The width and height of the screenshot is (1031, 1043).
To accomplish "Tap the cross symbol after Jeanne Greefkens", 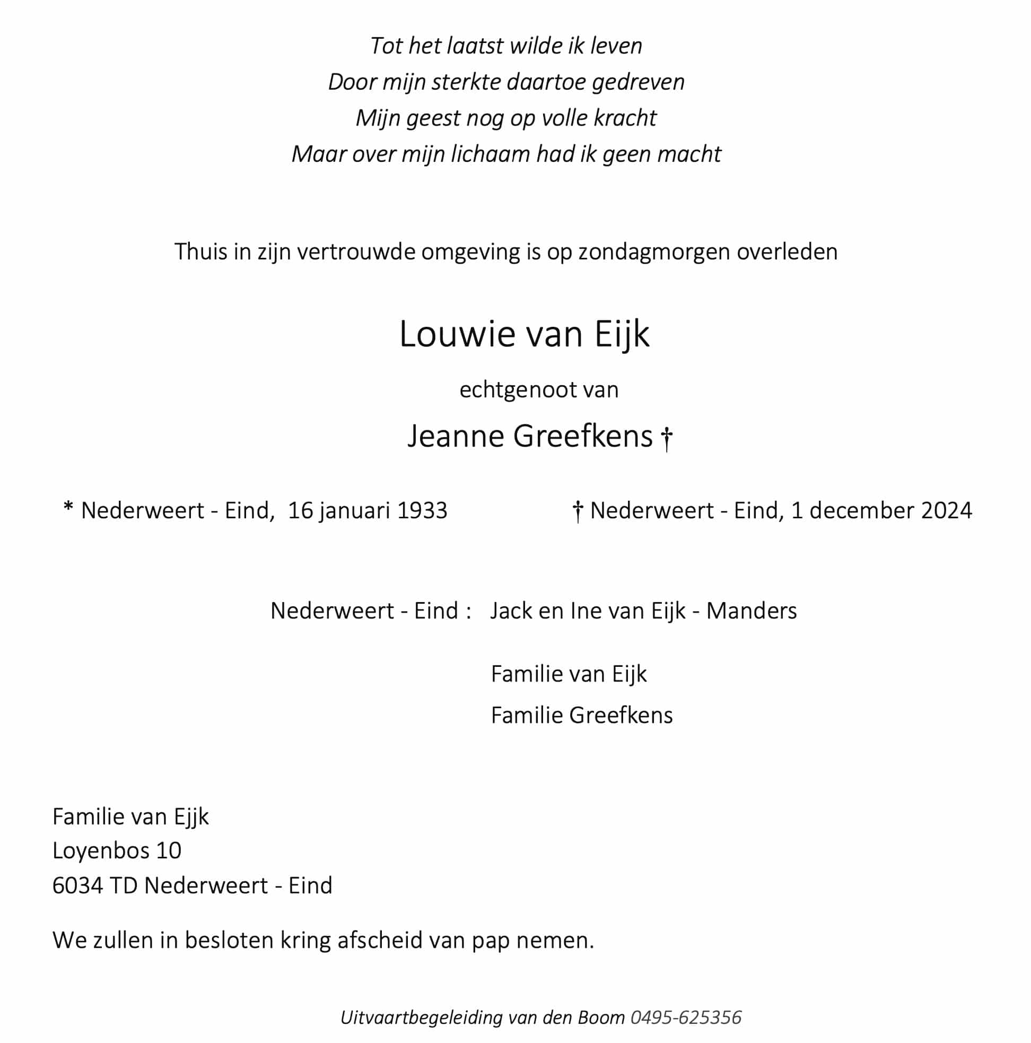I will point(667,438).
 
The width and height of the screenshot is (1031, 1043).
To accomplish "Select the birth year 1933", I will point(422,510).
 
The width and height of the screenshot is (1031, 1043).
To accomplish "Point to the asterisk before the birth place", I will point(68,508).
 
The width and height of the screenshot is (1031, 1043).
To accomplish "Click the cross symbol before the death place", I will point(578,511).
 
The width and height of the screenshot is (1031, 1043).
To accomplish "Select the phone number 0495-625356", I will point(686,1017).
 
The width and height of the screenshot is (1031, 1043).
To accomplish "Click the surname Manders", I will point(751,611).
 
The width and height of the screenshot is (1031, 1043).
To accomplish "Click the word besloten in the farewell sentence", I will point(229,941).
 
